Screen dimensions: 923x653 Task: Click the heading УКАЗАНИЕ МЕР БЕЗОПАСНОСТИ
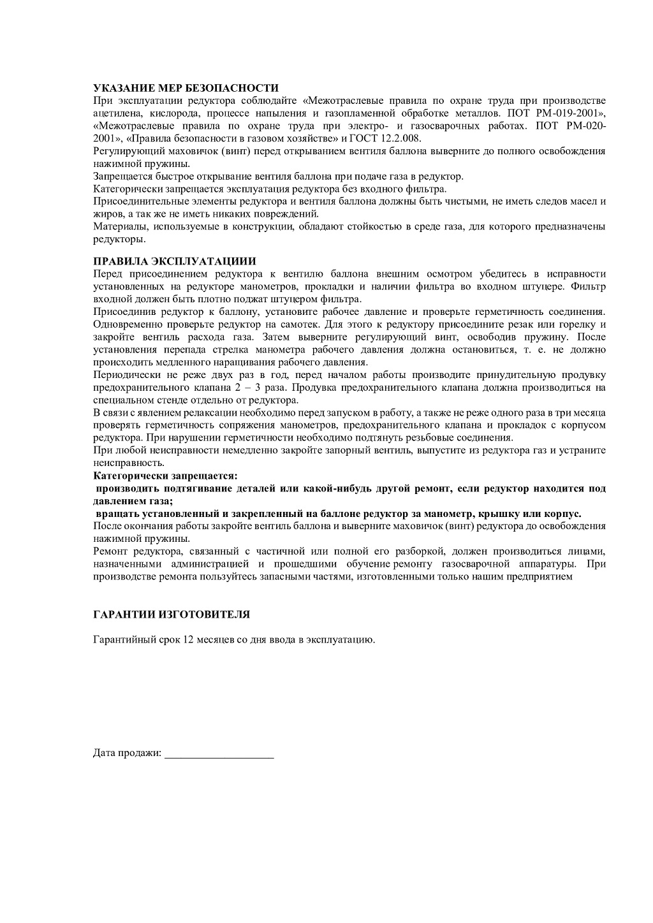point(186,88)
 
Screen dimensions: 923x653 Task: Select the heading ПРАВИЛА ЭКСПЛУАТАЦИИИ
point(175,261)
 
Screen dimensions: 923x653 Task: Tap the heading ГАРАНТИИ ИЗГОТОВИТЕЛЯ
point(172,614)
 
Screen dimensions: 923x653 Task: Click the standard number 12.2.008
point(400,138)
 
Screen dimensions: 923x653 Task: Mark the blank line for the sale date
point(219,755)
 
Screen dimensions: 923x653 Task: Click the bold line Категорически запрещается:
point(165,476)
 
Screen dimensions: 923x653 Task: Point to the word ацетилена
point(114,113)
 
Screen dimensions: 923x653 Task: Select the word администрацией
point(212,564)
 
